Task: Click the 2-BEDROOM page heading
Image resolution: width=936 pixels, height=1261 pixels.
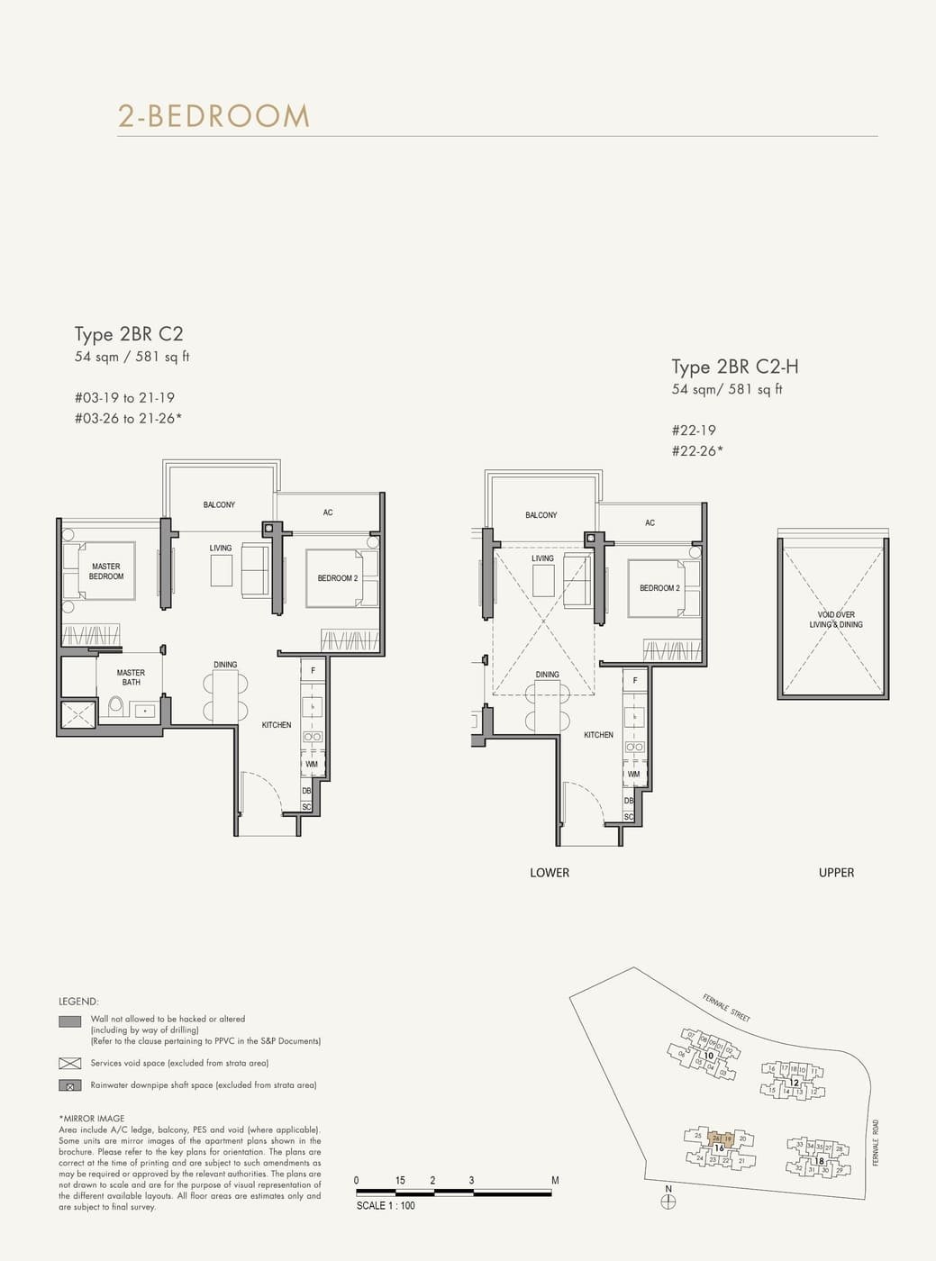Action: pos(214,116)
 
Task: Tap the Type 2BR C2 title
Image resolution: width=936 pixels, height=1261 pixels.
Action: pos(129,334)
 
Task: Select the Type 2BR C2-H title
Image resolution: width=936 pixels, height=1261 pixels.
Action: pos(734,367)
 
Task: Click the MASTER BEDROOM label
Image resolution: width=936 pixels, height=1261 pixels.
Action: pos(106,572)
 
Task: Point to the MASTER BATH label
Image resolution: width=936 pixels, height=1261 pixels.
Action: pos(131,677)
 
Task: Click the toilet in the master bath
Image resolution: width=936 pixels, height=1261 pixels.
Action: pos(115,708)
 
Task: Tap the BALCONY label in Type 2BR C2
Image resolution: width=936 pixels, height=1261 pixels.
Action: pos(219,504)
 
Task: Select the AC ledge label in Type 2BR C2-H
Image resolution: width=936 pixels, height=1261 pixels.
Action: pos(650,522)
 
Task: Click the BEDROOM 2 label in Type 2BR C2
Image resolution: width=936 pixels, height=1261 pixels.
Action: pos(337,578)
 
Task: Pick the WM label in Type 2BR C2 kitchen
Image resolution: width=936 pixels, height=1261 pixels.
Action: pos(312,765)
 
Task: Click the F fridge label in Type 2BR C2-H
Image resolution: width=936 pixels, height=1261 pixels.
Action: pos(635,680)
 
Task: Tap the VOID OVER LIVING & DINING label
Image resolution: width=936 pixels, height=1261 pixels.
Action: pos(836,620)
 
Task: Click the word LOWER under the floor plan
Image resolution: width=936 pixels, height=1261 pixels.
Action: pos(550,872)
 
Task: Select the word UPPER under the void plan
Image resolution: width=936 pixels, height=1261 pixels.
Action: pos(836,872)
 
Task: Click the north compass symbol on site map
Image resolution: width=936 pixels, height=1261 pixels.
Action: pos(668,1201)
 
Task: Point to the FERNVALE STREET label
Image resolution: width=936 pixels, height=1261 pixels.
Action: pos(726,1007)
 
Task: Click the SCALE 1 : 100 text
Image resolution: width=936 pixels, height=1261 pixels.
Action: pos(386,1205)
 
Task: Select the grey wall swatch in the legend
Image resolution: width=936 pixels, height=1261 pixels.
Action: pos(69,1021)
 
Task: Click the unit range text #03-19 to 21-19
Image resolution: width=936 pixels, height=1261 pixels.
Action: pos(124,398)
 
